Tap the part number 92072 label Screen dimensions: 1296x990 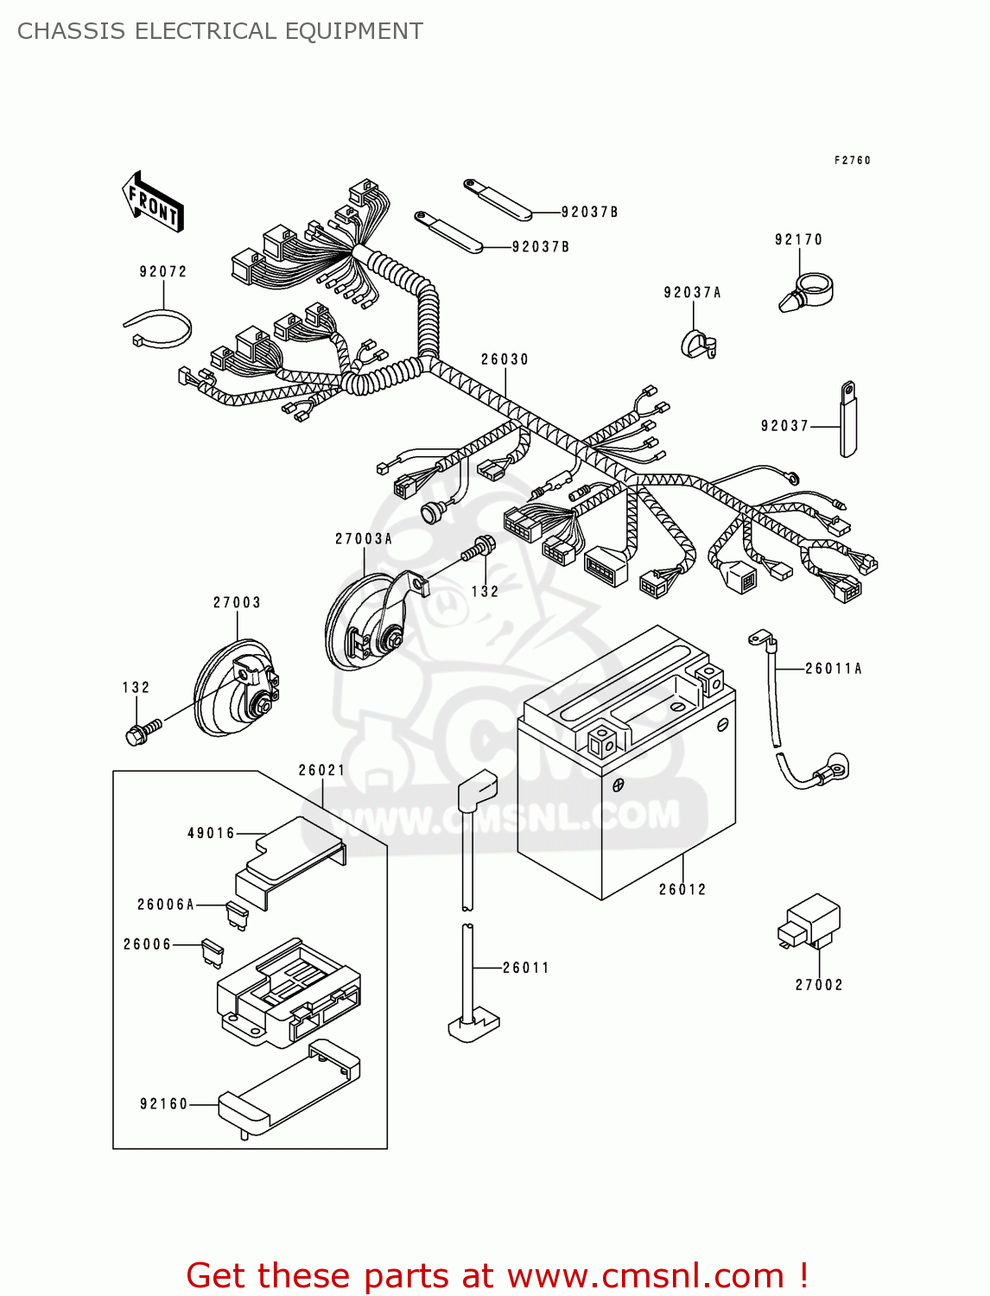[163, 271]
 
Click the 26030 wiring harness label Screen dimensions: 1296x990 [505, 359]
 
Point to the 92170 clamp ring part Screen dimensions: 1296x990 [808, 291]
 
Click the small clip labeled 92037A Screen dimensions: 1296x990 [698, 345]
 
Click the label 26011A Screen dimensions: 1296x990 [833, 668]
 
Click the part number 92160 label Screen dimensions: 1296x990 [163, 1103]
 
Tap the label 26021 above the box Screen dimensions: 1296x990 [321, 770]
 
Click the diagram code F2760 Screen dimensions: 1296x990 [852, 161]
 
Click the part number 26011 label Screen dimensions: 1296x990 [525, 968]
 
